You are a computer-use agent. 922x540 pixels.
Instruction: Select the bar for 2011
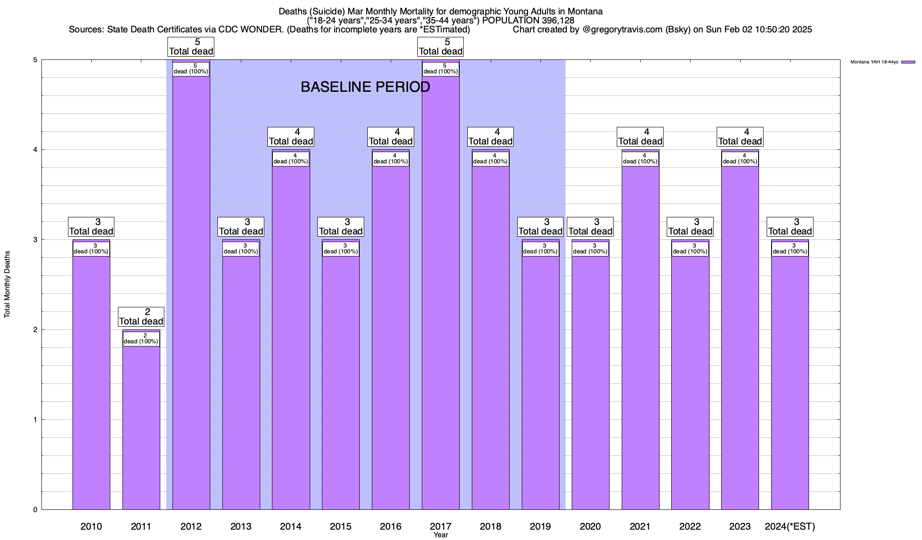141,427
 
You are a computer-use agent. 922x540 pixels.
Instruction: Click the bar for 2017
440,292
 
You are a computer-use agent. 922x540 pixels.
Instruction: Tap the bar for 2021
640,337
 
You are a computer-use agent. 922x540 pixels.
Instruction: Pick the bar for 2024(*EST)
790,382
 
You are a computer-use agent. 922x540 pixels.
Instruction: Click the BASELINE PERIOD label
365,87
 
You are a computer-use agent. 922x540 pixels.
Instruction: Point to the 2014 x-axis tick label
291,526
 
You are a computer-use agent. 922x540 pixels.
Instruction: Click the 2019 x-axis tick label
540,526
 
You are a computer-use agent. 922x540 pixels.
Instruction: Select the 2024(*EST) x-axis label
790,526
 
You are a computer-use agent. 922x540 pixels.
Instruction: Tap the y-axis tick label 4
35,150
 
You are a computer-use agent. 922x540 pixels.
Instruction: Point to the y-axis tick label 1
35,420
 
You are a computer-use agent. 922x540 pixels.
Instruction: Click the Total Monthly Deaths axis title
8,284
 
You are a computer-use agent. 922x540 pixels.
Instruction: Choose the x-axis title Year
441,535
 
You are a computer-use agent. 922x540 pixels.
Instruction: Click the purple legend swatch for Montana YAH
908,62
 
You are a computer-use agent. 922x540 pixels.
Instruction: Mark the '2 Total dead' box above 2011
141,317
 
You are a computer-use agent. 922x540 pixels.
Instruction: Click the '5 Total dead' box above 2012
191,47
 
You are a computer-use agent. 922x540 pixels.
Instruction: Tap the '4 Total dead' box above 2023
740,137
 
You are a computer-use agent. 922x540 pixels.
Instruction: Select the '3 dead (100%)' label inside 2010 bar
91,249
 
